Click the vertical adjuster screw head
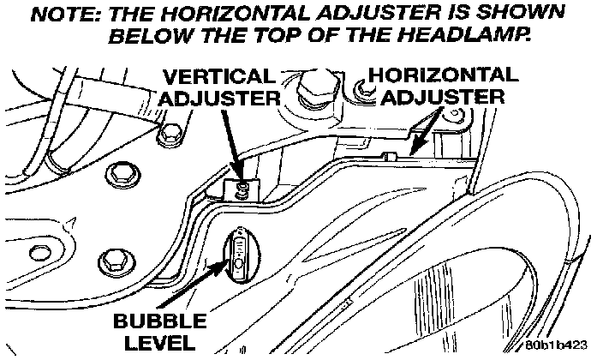tap(246, 186)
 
